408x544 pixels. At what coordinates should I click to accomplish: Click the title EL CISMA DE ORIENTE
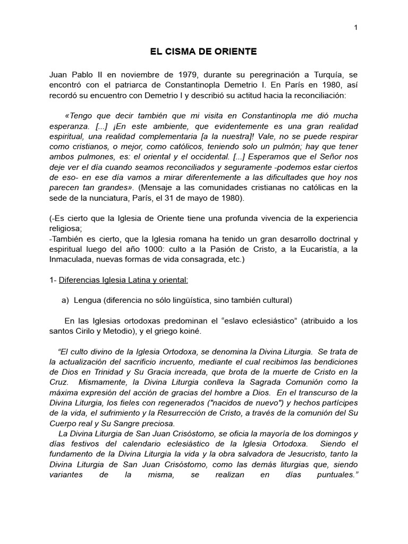[x=204, y=52]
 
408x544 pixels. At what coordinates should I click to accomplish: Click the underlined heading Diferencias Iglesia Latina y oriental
[x=120, y=280]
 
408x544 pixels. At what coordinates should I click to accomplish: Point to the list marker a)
[x=66, y=300]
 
